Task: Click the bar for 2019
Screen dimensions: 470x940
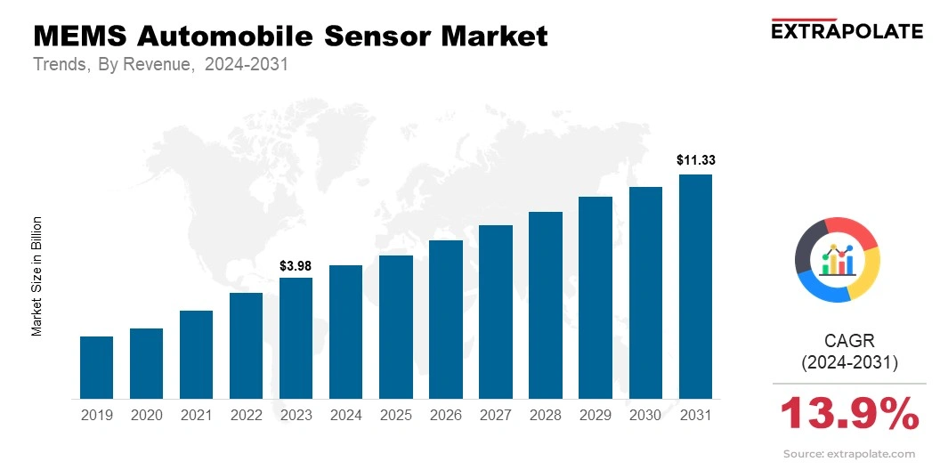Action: (96, 367)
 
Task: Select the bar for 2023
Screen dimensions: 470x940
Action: (296, 338)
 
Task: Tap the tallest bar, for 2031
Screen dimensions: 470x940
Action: (695, 287)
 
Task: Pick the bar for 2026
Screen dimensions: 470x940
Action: (445, 320)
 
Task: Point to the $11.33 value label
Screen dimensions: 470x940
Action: (695, 161)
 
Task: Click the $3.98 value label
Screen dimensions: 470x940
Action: (296, 265)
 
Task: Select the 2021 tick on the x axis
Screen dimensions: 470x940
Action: (196, 415)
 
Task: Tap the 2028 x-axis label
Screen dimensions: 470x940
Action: (545, 415)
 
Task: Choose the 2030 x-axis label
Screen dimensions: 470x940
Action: (645, 415)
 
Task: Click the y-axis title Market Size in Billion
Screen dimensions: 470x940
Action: (37, 276)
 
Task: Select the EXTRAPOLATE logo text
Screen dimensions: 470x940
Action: (847, 31)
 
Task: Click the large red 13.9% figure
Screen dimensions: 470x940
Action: (849, 414)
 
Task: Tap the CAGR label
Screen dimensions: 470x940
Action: (849, 341)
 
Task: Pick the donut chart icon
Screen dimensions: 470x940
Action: (837, 259)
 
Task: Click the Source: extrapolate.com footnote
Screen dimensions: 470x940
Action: (848, 454)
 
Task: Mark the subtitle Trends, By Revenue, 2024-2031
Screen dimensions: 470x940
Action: (160, 65)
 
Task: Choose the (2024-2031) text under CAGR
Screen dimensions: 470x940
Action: (849, 362)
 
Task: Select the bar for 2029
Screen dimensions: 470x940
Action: (596, 297)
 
